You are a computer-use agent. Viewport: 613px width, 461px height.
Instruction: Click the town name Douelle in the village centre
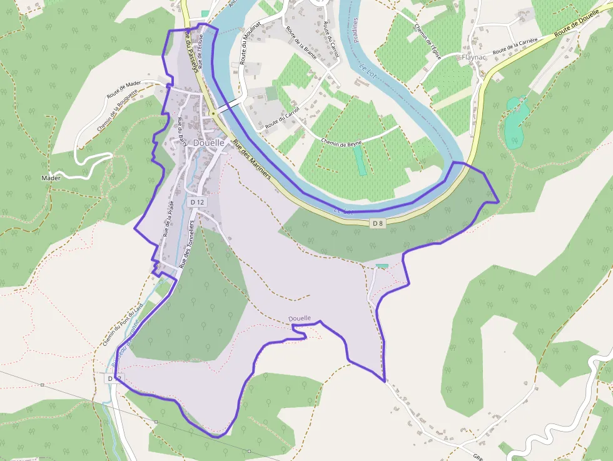pyautogui.click(x=209, y=143)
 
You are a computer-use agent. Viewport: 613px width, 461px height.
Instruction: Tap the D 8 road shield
pyautogui.click(x=377, y=223)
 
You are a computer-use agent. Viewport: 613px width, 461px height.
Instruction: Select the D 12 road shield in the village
pyautogui.click(x=197, y=202)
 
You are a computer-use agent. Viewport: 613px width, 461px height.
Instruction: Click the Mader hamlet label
pyautogui.click(x=51, y=178)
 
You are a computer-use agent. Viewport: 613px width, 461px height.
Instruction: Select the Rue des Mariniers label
pyautogui.click(x=251, y=160)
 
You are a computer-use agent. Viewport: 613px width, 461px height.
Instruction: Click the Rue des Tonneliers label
pyautogui.click(x=186, y=243)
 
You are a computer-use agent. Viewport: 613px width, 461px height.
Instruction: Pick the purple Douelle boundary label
pyautogui.click(x=300, y=318)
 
